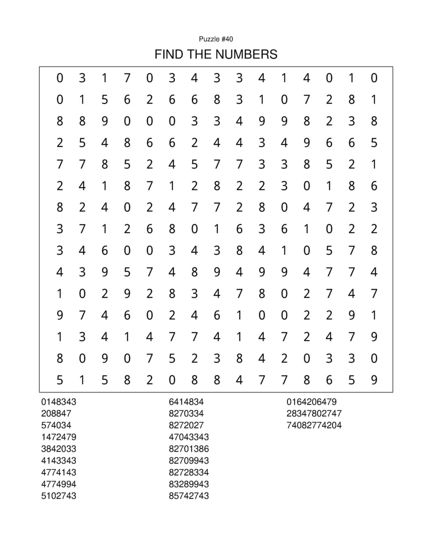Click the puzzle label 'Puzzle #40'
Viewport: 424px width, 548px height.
pos(216,39)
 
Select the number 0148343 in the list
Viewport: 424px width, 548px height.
pos(59,402)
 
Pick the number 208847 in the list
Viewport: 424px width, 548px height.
pos(56,413)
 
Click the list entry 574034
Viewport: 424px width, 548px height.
pos(56,425)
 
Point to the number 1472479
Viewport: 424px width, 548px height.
pos(59,437)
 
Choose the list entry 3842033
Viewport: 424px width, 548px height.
pos(59,449)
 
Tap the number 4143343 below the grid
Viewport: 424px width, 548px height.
pos(59,460)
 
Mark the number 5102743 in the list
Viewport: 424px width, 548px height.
pos(59,496)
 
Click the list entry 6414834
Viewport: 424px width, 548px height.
pos(186,402)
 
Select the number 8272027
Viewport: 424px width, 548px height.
pos(186,425)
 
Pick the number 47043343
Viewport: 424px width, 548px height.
pos(189,437)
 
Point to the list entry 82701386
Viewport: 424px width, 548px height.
pos(189,449)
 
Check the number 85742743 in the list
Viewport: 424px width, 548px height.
pos(189,496)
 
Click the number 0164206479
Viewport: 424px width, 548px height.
pos(311,402)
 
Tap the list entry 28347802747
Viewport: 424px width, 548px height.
pos(314,413)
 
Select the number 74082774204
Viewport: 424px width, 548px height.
pos(314,425)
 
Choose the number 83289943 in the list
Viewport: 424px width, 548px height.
pos(189,484)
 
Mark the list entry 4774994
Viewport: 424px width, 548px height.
pos(59,484)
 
